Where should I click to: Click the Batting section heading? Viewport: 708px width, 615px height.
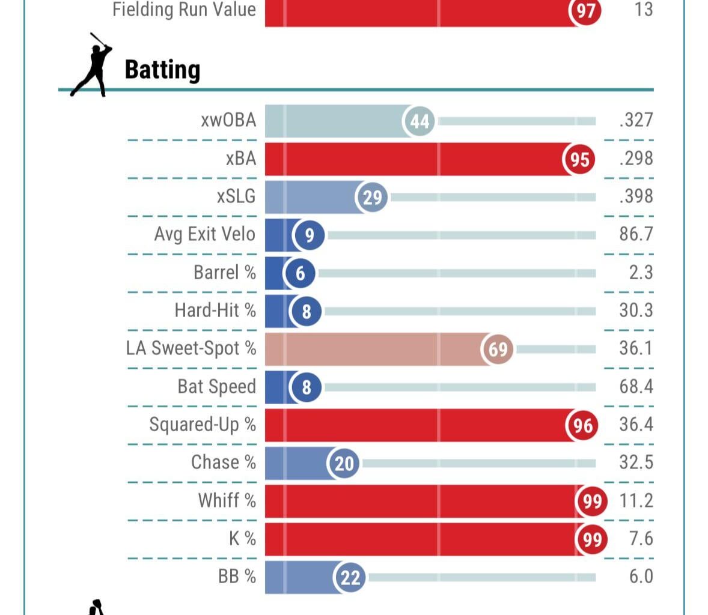pyautogui.click(x=162, y=70)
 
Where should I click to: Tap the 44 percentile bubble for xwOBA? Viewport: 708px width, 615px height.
pyautogui.click(x=419, y=121)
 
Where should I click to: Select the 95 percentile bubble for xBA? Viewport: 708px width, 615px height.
pyautogui.click(x=579, y=159)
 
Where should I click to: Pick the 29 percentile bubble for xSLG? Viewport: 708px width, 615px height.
pyautogui.click(x=372, y=197)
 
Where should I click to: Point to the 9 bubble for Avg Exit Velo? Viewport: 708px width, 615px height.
pyautogui.click(x=309, y=235)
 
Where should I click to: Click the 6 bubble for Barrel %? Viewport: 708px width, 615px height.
pyautogui.click(x=301, y=273)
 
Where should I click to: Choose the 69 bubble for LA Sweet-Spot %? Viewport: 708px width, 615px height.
pyautogui.click(x=498, y=349)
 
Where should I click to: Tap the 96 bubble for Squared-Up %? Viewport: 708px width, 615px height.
pyautogui.click(x=582, y=425)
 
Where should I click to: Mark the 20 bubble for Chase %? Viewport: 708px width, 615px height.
pyautogui.click(x=344, y=463)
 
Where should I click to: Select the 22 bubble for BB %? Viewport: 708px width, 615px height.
pyautogui.click(x=350, y=577)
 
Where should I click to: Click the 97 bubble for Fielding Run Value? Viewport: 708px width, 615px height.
pyautogui.click(x=585, y=10)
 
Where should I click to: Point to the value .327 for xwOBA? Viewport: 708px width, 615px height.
pyautogui.click(x=636, y=120)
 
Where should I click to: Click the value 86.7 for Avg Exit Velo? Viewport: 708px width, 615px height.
pyautogui.click(x=636, y=234)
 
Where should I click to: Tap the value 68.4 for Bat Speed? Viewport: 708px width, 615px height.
pyautogui.click(x=636, y=386)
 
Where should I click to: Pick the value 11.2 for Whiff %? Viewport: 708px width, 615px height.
pyautogui.click(x=636, y=500)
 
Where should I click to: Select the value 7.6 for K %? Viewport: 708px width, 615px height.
pyautogui.click(x=641, y=538)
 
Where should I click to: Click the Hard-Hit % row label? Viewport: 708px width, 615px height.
pyautogui.click(x=215, y=311)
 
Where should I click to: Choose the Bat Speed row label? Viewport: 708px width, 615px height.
pyautogui.click(x=216, y=386)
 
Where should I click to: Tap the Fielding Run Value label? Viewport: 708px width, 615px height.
pyautogui.click(x=184, y=10)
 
